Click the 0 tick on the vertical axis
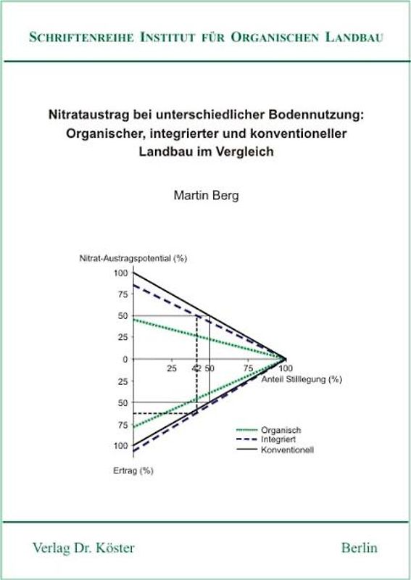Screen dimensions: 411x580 (x=125, y=359)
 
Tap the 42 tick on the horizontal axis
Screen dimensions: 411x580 (x=196, y=368)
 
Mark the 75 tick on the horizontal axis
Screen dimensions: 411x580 (x=248, y=368)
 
